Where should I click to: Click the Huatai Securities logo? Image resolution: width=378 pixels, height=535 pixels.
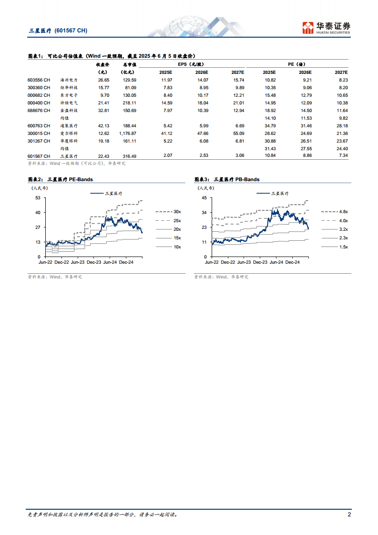click(x=327, y=28)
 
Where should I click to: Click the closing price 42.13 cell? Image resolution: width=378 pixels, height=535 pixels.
click(x=103, y=125)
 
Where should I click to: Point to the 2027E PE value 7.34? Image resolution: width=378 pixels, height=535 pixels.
click(x=342, y=156)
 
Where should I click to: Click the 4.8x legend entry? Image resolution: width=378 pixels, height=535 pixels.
click(x=343, y=211)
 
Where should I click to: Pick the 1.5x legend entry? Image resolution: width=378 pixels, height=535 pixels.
click(x=343, y=247)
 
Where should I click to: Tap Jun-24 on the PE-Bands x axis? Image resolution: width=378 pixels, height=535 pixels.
click(x=110, y=262)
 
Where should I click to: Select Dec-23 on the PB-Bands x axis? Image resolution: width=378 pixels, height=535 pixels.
click(x=260, y=262)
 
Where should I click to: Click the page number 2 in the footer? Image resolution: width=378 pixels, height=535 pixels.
click(x=349, y=514)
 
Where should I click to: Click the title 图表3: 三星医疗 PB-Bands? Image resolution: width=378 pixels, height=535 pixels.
click(x=227, y=179)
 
